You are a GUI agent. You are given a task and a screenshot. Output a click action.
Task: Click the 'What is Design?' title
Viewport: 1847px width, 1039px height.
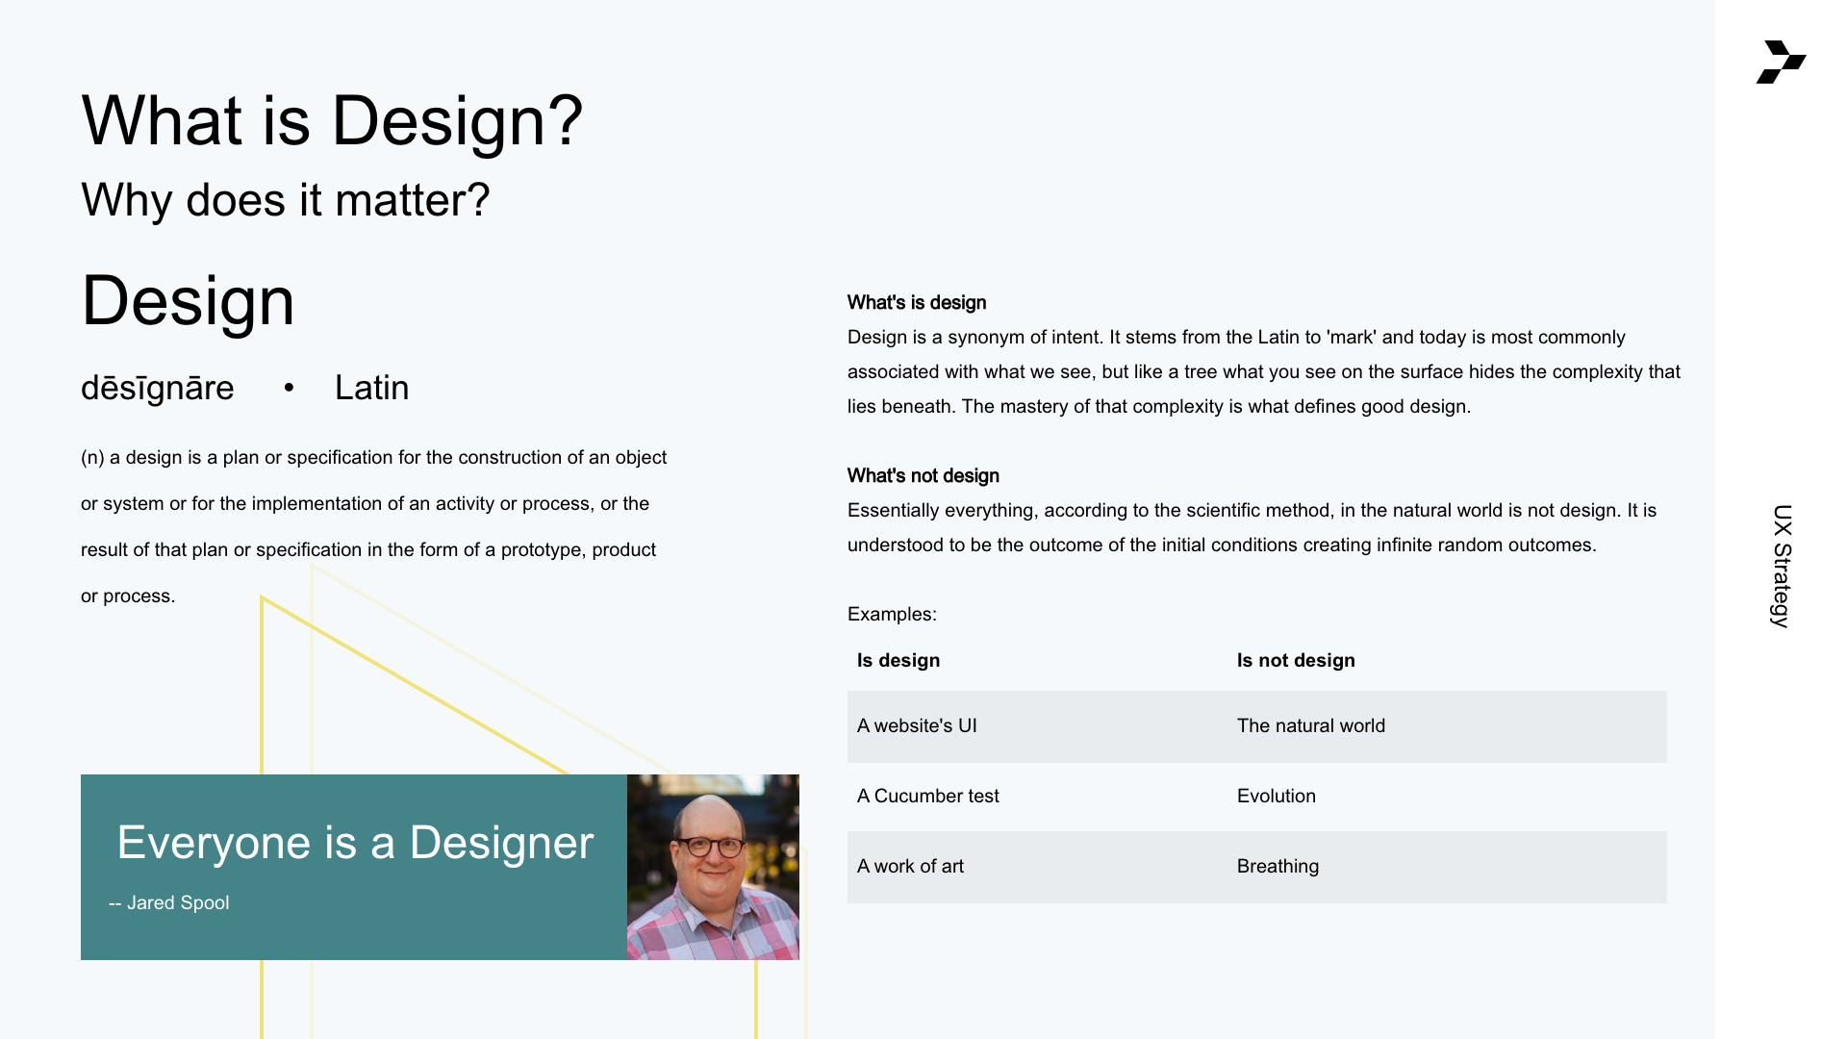pyautogui.click(x=332, y=121)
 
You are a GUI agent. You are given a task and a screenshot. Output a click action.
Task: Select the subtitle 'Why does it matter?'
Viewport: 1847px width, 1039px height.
pyautogui.click(x=286, y=200)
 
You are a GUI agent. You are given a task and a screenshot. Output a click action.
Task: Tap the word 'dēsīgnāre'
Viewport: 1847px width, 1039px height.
pyautogui.click(x=158, y=388)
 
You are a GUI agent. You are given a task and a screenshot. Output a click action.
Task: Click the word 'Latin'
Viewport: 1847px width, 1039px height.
pyautogui.click(x=372, y=388)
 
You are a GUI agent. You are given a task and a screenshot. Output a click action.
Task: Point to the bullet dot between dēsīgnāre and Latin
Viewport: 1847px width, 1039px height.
pyautogui.click(x=289, y=388)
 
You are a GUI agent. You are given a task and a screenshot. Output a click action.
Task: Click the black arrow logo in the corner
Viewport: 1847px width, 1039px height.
pyautogui.click(x=1781, y=62)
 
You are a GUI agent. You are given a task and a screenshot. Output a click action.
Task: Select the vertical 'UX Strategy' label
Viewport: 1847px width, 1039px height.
pyautogui.click(x=1782, y=566)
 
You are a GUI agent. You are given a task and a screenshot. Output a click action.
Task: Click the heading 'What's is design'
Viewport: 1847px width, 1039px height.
pyautogui.click(x=917, y=302)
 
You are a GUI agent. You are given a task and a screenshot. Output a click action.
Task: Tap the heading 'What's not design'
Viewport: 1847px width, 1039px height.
pyautogui.click(x=923, y=475)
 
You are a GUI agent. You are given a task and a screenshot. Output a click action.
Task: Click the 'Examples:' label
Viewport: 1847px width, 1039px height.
pyautogui.click(x=892, y=614)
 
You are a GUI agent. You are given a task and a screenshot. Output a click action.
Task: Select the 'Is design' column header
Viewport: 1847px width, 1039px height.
pyautogui.click(x=898, y=660)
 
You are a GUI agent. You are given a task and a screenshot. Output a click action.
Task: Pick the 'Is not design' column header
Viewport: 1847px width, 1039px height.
pyautogui.click(x=1296, y=660)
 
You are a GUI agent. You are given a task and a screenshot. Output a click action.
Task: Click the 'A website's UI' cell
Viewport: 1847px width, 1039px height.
pyautogui.click(x=917, y=725)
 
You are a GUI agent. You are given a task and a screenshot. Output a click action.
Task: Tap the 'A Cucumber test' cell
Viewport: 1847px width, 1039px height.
pyautogui.click(x=928, y=796)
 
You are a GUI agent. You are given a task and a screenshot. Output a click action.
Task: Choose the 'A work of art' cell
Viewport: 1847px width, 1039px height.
pyautogui.click(x=910, y=866)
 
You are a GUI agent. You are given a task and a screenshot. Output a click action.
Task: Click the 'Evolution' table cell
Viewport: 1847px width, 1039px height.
pyautogui.click(x=1277, y=796)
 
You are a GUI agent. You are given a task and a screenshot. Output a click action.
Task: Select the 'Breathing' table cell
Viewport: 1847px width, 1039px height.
pyautogui.click(x=1278, y=866)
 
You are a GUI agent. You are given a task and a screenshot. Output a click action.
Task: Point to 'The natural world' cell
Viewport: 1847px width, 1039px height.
pyautogui.click(x=1311, y=725)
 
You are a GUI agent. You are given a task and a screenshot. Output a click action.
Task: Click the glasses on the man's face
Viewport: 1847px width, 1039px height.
pyautogui.click(x=713, y=847)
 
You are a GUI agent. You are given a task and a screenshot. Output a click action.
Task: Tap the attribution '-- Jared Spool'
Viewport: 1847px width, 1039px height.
pyautogui.click(x=169, y=902)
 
